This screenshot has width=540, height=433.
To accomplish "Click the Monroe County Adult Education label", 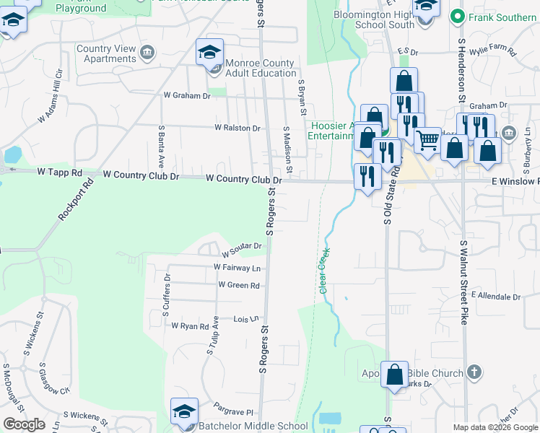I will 261,68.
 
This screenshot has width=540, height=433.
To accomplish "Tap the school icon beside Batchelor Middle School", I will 184,412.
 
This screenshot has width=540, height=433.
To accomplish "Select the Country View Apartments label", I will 106,53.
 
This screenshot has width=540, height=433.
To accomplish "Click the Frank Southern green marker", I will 456,15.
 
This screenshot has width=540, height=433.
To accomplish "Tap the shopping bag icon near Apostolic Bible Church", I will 394,375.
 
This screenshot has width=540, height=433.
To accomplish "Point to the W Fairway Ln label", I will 236,267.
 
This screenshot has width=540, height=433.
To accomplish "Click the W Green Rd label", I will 238,286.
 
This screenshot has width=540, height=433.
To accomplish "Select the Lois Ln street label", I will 245,318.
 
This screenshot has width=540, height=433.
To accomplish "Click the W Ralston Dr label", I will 237,128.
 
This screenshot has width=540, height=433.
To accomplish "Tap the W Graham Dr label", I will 186,95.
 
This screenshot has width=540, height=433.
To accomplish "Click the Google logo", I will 24,424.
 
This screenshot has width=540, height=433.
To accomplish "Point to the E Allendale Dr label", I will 495,296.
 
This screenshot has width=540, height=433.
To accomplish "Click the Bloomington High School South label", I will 375,19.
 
